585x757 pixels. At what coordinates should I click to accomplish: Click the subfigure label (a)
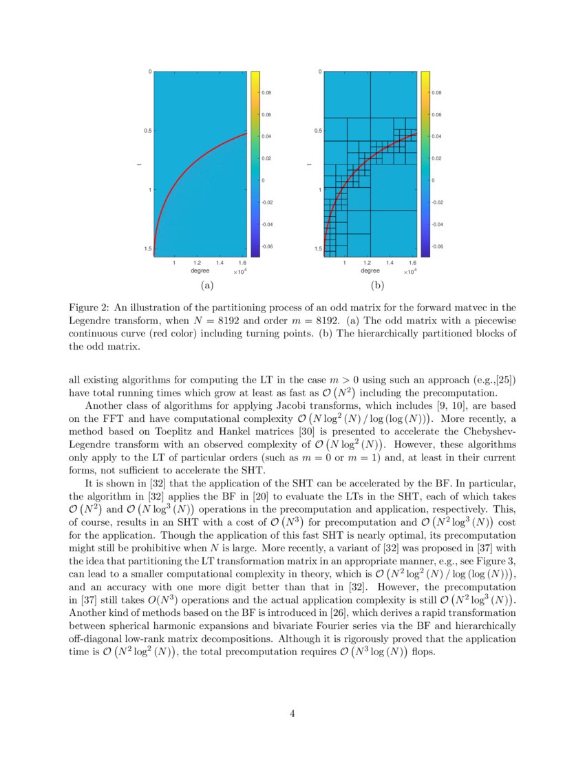tap(206, 285)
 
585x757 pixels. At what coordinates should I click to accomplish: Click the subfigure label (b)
tap(377, 285)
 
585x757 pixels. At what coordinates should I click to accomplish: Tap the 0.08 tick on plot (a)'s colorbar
tap(266, 92)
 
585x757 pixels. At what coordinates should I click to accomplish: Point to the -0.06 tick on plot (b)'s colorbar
tap(437, 246)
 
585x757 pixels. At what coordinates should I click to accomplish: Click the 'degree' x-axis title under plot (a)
tap(198, 270)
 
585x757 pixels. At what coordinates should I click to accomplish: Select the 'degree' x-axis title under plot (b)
tap(369, 270)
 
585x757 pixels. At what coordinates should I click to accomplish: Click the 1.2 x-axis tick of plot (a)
tap(197, 263)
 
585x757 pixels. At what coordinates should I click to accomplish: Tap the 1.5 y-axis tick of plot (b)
tap(317, 248)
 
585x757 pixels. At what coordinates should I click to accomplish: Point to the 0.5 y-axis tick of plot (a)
tap(146, 131)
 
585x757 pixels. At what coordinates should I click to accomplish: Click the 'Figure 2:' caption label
tap(91, 307)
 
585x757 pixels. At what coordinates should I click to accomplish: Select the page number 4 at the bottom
tap(292, 714)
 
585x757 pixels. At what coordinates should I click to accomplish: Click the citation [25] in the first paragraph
tap(504, 379)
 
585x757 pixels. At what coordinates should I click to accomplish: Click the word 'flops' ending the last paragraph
tap(423, 652)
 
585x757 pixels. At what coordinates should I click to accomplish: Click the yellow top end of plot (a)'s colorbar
tap(254, 74)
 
